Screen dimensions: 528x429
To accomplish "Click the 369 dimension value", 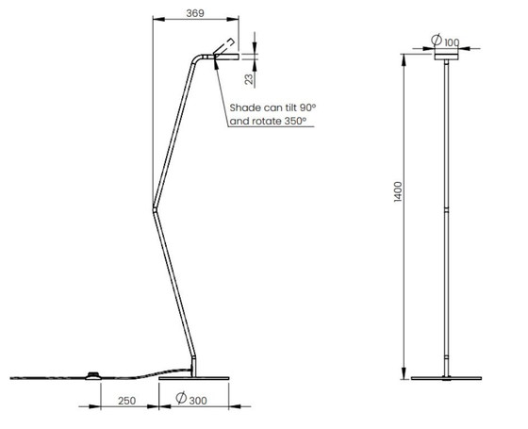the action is click(x=195, y=13).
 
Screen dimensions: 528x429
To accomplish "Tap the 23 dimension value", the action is click(x=249, y=79).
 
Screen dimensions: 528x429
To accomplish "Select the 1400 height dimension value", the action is click(x=398, y=192).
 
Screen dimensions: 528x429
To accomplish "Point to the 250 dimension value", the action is click(x=127, y=401).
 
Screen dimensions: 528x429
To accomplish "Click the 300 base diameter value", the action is click(x=198, y=401).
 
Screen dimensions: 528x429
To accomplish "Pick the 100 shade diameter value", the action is click(x=452, y=42).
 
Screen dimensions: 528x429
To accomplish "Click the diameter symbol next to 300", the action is click(x=181, y=398).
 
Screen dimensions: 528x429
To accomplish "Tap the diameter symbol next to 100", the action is click(x=437, y=40).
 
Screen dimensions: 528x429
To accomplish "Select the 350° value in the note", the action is click(x=295, y=121).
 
